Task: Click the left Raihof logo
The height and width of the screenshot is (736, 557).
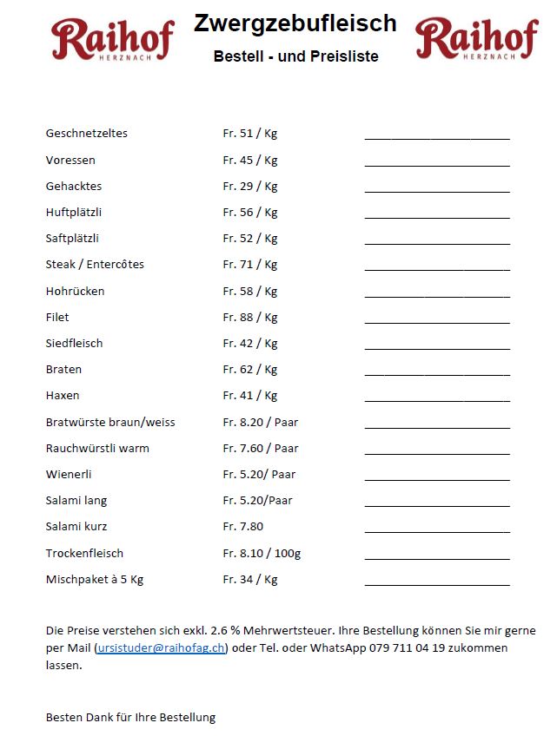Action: coord(112,39)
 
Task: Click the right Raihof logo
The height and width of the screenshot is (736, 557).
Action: coord(475,39)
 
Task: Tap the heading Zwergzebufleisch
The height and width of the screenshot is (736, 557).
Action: coord(295,23)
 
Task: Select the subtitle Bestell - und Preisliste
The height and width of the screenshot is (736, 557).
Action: coord(295,56)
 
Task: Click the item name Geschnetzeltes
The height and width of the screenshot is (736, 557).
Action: coord(87,134)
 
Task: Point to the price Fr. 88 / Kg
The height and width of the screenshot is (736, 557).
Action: coord(250,317)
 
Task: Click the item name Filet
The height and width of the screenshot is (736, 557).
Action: coord(57,317)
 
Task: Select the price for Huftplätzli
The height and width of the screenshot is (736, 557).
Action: coord(250,212)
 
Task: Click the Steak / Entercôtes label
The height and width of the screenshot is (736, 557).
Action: coord(95,264)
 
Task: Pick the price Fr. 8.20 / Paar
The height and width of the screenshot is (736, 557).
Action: coord(261,422)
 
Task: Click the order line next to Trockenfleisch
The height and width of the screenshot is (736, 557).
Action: coord(437,557)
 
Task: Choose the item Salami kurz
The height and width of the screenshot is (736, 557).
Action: coord(76,526)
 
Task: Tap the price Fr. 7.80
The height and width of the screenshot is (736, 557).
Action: coord(243,526)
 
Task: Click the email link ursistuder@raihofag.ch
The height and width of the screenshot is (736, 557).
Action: coord(161,647)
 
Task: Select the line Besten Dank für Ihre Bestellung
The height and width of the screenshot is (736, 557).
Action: coord(130,717)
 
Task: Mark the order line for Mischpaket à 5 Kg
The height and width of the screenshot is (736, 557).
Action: coord(437,583)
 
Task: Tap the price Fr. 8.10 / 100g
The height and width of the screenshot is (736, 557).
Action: coord(262,553)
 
